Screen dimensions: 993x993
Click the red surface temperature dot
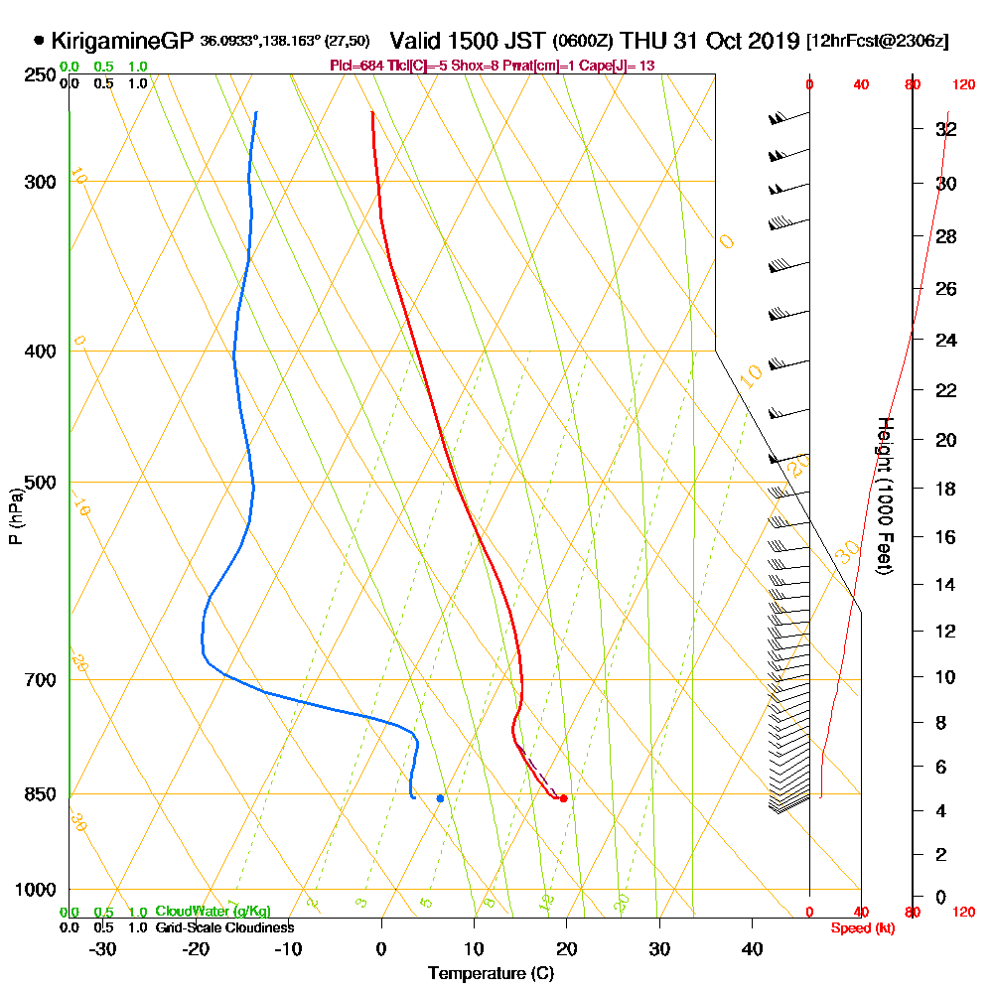coord(563,798)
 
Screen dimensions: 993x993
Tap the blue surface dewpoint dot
coord(440,798)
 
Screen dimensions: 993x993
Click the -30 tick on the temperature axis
coord(103,948)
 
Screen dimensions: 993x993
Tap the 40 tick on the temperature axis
coord(752,948)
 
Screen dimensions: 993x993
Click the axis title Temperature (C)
coord(491,973)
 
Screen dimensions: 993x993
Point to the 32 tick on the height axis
coord(946,129)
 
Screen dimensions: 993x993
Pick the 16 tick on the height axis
coord(946,537)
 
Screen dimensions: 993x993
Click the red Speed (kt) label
coord(861,927)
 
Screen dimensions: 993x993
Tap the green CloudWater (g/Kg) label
coord(213,912)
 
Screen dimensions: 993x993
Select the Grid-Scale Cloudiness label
coord(224,927)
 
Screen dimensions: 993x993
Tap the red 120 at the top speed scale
coord(962,85)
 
